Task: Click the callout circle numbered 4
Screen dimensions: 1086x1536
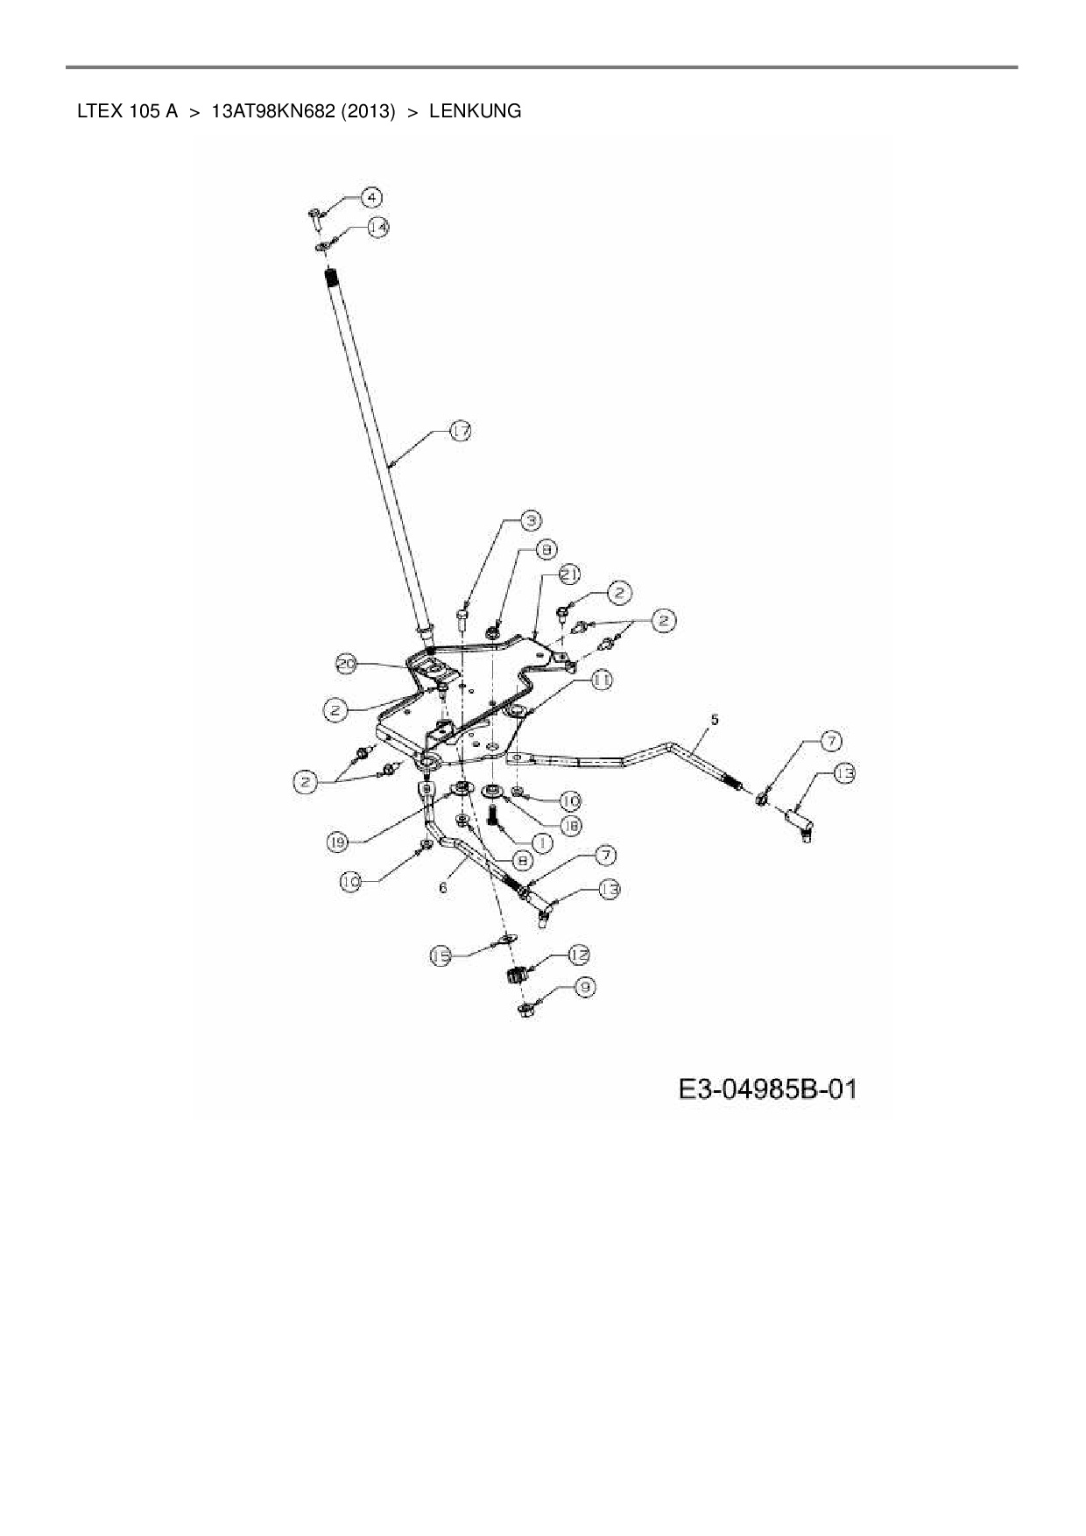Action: coord(372,197)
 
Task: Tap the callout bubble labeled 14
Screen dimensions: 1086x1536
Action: coord(377,227)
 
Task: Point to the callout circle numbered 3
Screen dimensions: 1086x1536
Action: coord(529,520)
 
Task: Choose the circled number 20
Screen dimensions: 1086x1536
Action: coord(347,665)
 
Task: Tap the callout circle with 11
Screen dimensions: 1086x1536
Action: coord(602,680)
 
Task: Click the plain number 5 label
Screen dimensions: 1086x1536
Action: coord(715,720)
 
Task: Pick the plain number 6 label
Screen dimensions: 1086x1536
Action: coord(443,887)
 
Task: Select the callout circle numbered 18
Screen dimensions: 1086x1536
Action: coord(569,824)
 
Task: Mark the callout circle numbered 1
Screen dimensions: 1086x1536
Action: coord(540,842)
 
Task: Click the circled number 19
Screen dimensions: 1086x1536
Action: coord(338,842)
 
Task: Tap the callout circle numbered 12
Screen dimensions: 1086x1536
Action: coord(578,954)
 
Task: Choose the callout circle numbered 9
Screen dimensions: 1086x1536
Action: coord(584,987)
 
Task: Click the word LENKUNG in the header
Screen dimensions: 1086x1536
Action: coord(475,111)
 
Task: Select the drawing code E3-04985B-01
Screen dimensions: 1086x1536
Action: coord(767,1090)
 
